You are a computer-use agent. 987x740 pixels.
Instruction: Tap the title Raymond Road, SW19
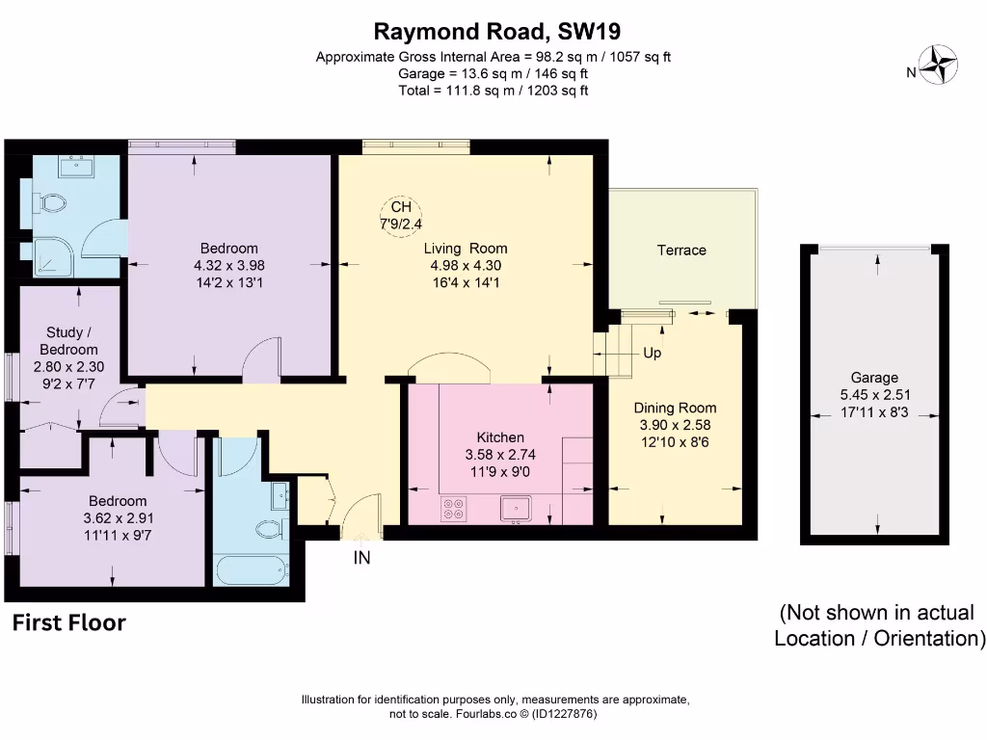click(493, 33)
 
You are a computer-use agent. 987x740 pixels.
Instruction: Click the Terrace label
click(681, 251)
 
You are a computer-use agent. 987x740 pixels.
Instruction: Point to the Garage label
click(874, 378)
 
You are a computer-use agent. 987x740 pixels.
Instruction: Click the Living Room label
click(466, 249)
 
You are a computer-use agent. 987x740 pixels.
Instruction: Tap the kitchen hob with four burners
click(452, 508)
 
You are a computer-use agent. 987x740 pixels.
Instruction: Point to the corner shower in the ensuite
click(44, 252)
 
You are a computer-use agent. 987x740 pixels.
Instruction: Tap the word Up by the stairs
click(652, 354)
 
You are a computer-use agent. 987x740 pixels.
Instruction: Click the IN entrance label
click(362, 557)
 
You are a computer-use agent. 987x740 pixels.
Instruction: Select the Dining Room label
click(675, 408)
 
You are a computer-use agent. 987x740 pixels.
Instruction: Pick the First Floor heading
click(68, 623)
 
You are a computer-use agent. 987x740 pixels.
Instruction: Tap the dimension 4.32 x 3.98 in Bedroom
click(229, 265)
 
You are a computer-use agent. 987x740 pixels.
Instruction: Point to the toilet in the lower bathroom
click(272, 527)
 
